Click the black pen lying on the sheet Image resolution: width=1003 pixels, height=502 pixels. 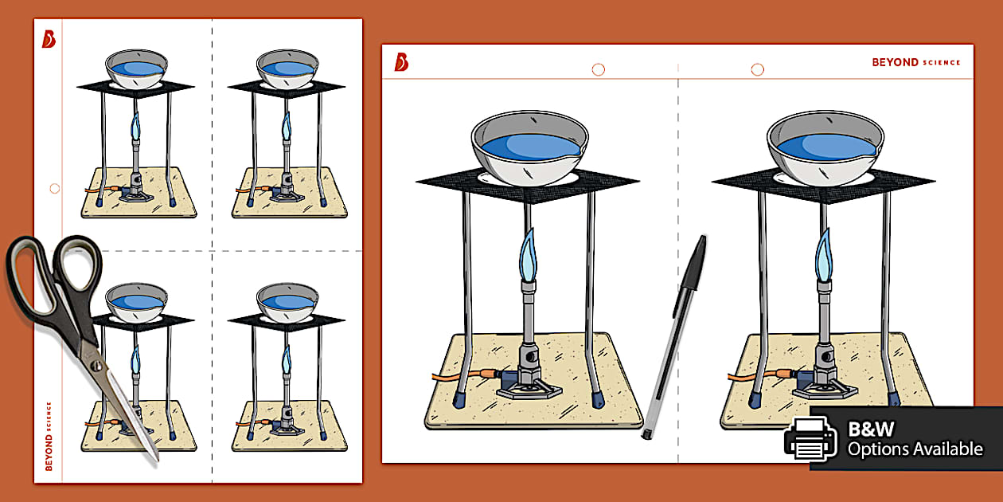673,335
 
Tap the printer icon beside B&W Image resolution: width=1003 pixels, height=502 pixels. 811,438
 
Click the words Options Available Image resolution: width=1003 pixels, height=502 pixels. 915,449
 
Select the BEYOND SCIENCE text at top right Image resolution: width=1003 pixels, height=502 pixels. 916,62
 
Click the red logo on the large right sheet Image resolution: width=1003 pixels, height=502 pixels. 401,62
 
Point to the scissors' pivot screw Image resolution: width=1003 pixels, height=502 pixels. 97,365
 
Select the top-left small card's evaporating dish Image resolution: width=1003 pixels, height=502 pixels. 137,69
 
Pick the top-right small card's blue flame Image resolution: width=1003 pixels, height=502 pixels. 286,125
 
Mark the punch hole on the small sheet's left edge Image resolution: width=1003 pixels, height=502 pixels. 54,189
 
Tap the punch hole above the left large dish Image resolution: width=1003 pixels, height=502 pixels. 598,70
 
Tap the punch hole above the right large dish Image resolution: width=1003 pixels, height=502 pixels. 757,70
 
